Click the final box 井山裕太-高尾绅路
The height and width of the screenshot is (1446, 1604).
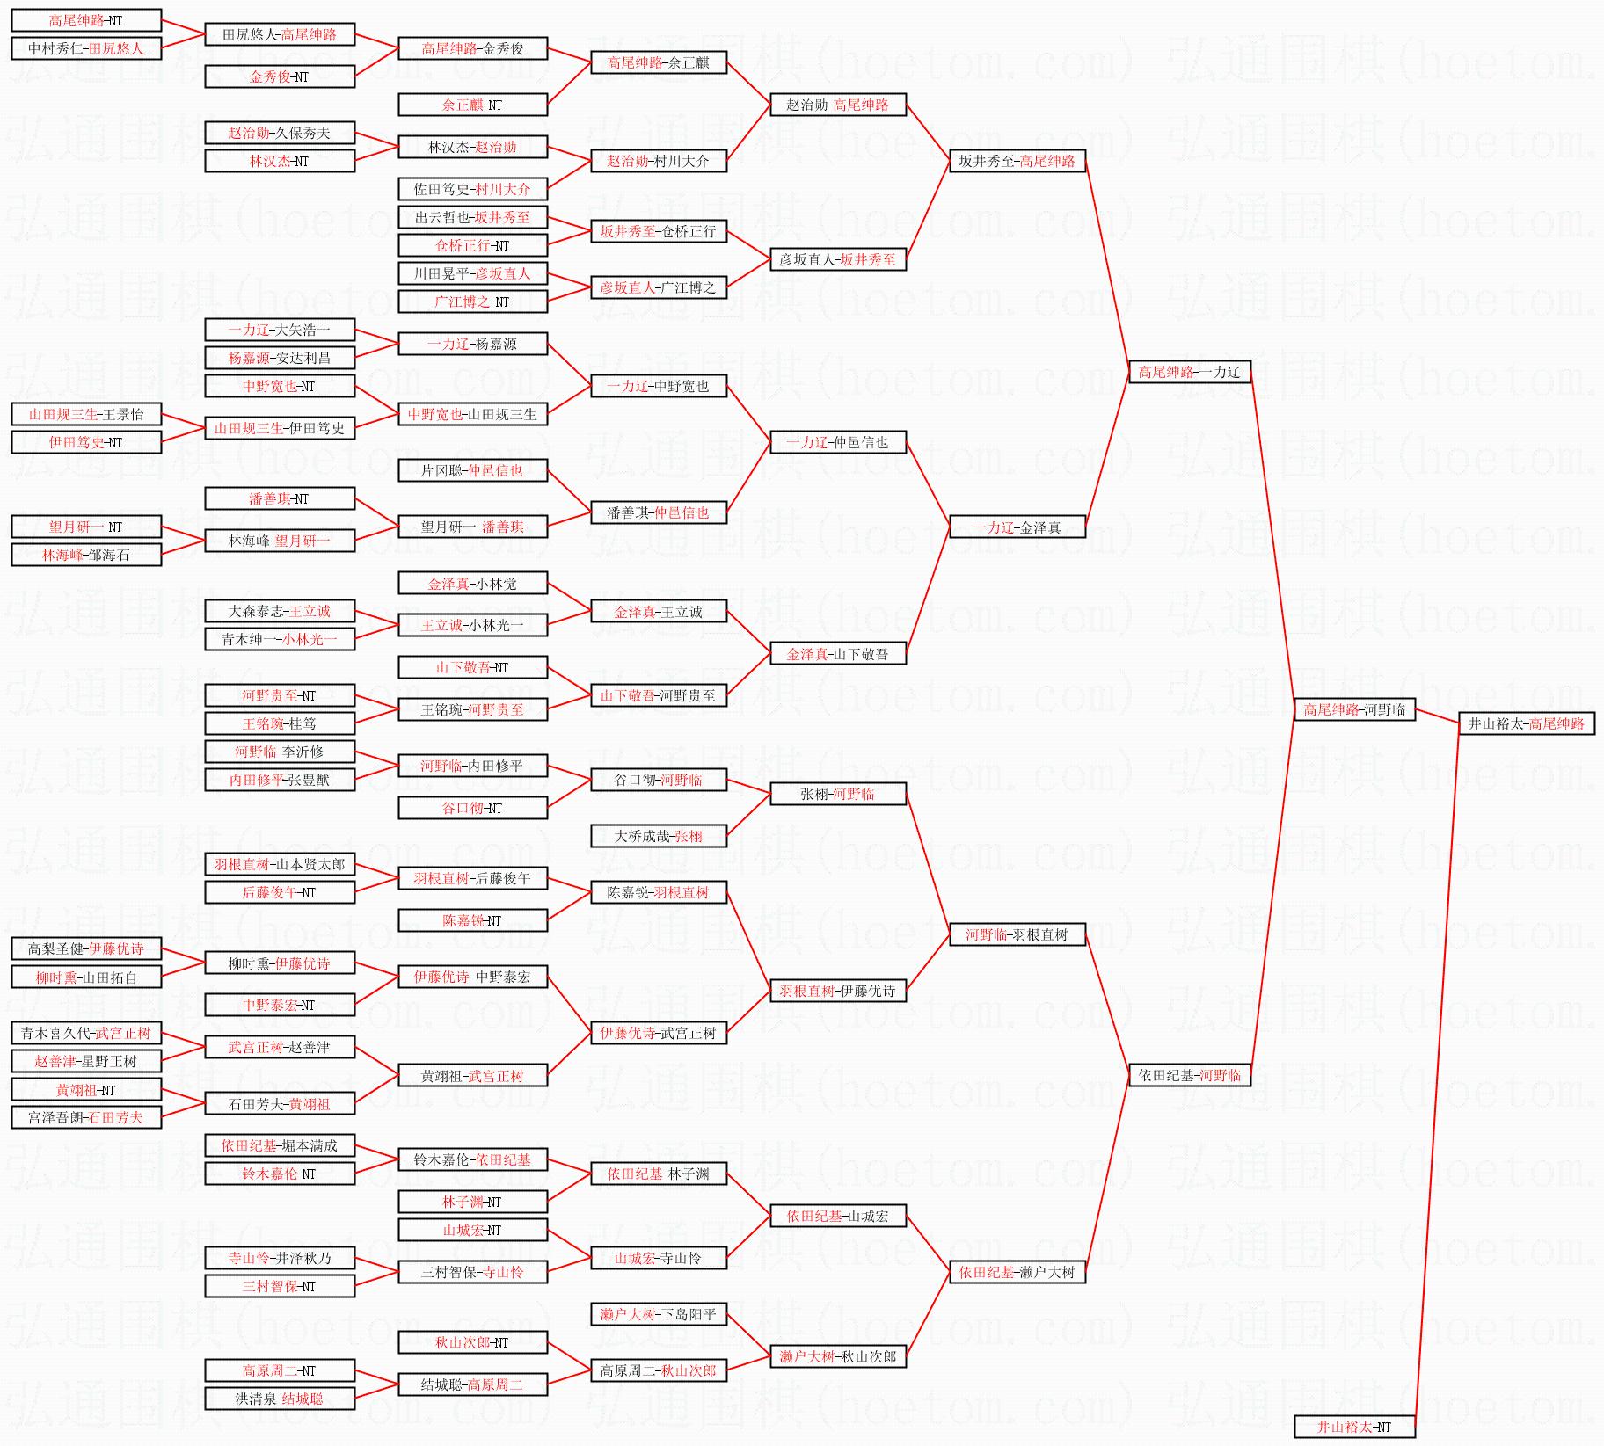[1526, 723]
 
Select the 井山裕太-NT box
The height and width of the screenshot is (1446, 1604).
[1354, 1427]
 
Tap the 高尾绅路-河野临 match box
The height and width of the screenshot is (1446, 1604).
[1354, 709]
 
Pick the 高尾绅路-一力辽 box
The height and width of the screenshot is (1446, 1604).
[1189, 372]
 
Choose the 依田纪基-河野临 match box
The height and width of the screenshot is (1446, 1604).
[1189, 1075]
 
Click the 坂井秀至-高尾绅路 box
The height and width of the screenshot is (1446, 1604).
[1017, 161]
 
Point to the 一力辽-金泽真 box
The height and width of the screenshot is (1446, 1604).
[1017, 527]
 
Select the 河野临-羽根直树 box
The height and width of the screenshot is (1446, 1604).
[1017, 934]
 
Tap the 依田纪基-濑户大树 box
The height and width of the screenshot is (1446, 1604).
[1017, 1272]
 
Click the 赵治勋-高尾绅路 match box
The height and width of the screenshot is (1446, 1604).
[837, 105]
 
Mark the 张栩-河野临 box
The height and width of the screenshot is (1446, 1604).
[837, 794]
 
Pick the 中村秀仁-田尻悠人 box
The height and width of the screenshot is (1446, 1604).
[86, 48]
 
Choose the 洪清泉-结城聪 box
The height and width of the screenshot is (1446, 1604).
[280, 1399]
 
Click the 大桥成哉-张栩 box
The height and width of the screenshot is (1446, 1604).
[658, 836]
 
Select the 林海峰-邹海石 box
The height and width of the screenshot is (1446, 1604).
[86, 555]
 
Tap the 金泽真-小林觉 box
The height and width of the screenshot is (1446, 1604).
[472, 583]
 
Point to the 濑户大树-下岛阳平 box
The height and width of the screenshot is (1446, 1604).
[658, 1314]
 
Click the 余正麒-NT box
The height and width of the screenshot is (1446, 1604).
[472, 105]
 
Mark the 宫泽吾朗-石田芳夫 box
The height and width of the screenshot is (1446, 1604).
[86, 1117]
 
